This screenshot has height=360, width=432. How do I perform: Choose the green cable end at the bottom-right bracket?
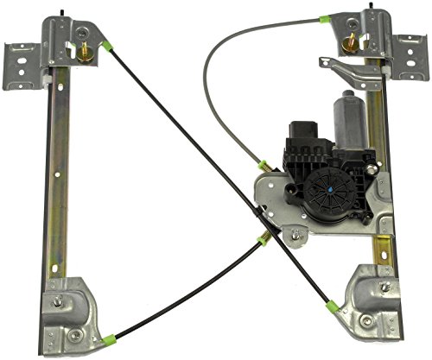coord(333,303)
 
